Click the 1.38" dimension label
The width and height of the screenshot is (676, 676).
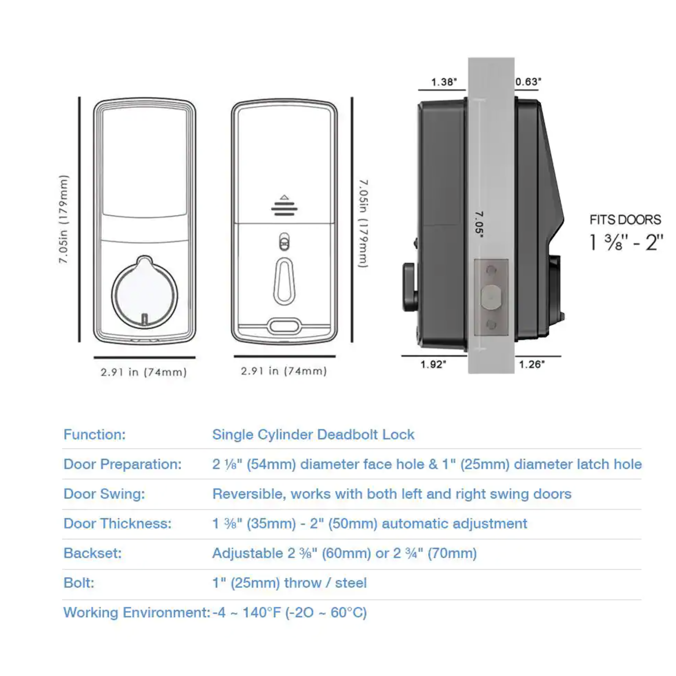[444, 82]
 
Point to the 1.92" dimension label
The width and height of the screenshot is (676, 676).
[433, 365]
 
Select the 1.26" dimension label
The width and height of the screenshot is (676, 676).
[532, 365]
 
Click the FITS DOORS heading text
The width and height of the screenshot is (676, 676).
[625, 220]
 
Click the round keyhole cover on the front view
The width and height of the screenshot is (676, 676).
[144, 292]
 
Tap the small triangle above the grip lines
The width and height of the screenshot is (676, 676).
[285, 197]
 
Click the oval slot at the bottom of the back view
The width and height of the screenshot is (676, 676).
[284, 326]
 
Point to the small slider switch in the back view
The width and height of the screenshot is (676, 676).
[284, 242]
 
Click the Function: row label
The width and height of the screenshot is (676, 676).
[94, 435]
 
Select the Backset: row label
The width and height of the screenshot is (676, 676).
[92, 553]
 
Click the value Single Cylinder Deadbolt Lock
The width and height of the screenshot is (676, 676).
[313, 435]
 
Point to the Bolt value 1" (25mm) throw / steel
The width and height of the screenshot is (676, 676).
[289, 583]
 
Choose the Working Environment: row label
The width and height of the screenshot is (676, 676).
[137, 613]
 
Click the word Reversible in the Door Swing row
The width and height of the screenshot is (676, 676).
[249, 494]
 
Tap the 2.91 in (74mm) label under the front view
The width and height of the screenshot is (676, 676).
[143, 372]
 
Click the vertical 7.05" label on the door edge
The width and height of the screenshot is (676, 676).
[479, 224]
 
